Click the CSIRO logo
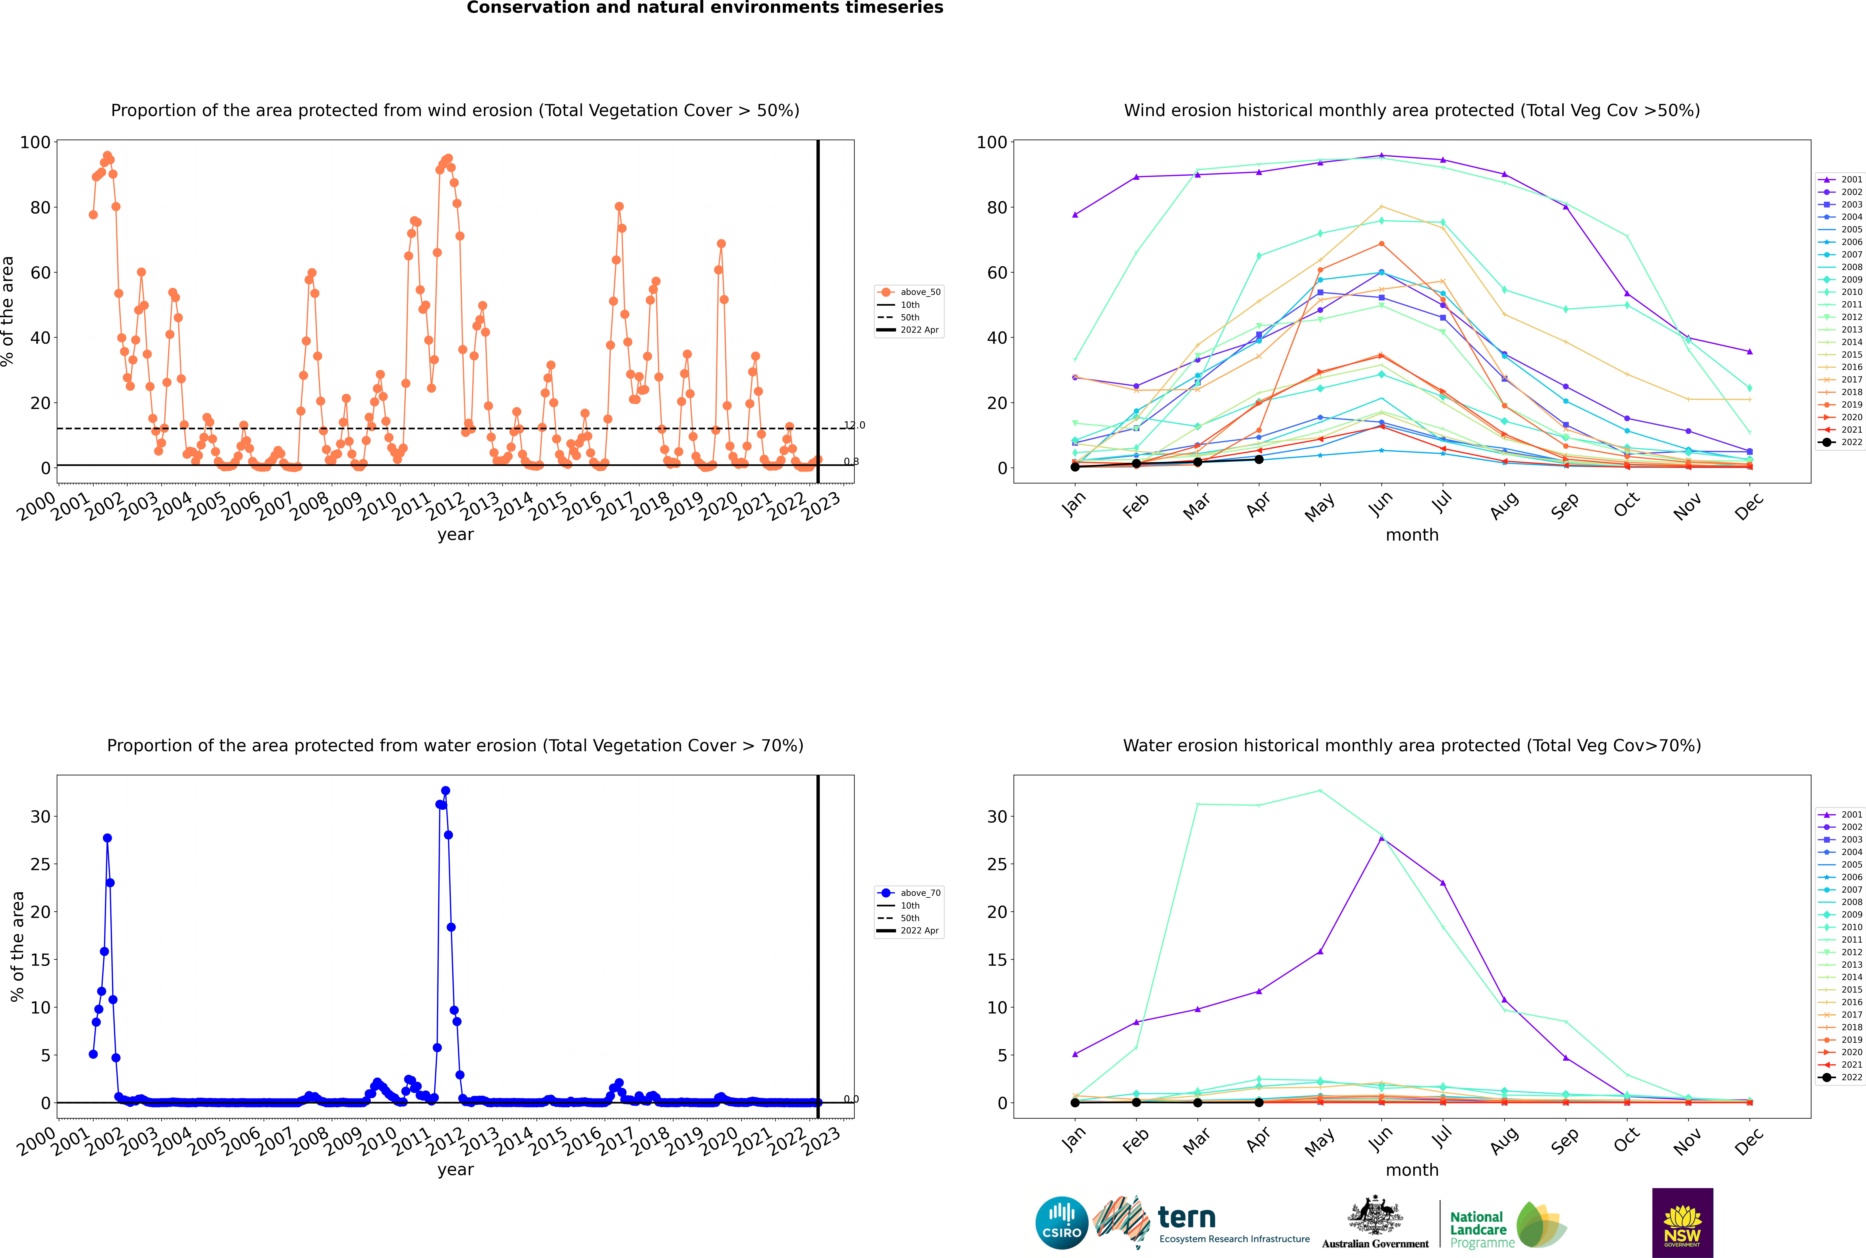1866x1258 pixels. (x=1061, y=1223)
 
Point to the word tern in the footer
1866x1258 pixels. (x=1187, y=1218)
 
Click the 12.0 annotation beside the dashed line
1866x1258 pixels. (x=854, y=425)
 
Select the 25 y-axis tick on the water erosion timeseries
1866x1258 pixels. (x=40, y=865)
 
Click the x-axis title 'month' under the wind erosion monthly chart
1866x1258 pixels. (x=1412, y=535)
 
